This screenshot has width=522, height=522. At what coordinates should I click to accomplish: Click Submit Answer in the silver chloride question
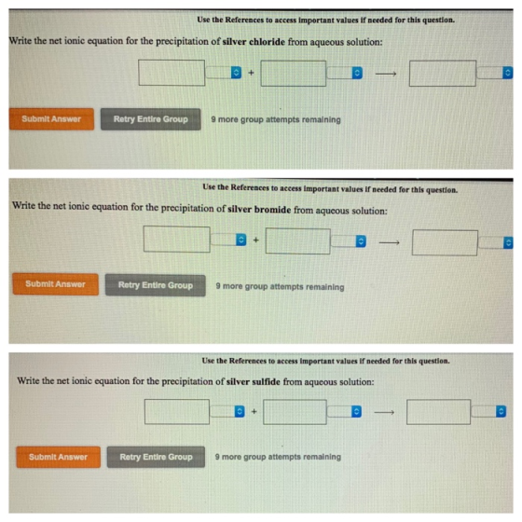[x=51, y=119]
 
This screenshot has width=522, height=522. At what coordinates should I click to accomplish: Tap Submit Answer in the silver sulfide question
[x=58, y=457]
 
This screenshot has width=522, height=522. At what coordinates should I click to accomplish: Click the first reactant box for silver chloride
[x=172, y=73]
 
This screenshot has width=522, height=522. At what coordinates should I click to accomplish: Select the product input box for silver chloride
[x=443, y=74]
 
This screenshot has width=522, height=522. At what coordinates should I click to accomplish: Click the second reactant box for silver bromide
[x=298, y=241]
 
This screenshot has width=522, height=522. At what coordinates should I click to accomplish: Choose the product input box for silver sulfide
[x=439, y=412]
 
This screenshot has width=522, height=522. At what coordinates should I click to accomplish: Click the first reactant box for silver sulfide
[x=177, y=411]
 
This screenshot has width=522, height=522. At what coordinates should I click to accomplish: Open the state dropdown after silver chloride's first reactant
[x=224, y=73]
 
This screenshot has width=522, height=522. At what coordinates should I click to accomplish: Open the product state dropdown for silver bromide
[x=495, y=242]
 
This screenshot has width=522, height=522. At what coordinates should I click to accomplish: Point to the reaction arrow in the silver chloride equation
[x=386, y=74]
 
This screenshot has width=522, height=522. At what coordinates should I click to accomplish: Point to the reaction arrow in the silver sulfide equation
[x=384, y=412]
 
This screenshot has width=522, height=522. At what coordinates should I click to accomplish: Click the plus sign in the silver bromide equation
[x=255, y=240]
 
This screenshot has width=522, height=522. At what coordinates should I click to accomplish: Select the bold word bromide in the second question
[x=272, y=210]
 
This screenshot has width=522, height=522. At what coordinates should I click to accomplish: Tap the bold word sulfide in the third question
[x=266, y=381]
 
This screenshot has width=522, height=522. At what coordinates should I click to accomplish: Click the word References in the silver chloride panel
[x=244, y=20]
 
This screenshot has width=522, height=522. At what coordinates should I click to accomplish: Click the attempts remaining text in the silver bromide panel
[x=280, y=287]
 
